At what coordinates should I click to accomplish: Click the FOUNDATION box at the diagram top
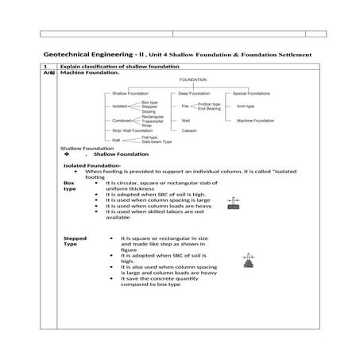[193, 80]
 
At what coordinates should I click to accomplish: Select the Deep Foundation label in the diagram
[189, 94]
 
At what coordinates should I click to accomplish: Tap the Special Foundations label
[252, 94]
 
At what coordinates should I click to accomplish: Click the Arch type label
[245, 106]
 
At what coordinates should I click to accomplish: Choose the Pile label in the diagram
[184, 106]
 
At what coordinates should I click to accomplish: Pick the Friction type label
[210, 103]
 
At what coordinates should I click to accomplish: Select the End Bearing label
[209, 108]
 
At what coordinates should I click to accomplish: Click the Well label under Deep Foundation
[186, 120]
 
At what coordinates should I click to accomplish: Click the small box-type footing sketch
[233, 204]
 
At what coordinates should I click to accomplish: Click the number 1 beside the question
[47, 65]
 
